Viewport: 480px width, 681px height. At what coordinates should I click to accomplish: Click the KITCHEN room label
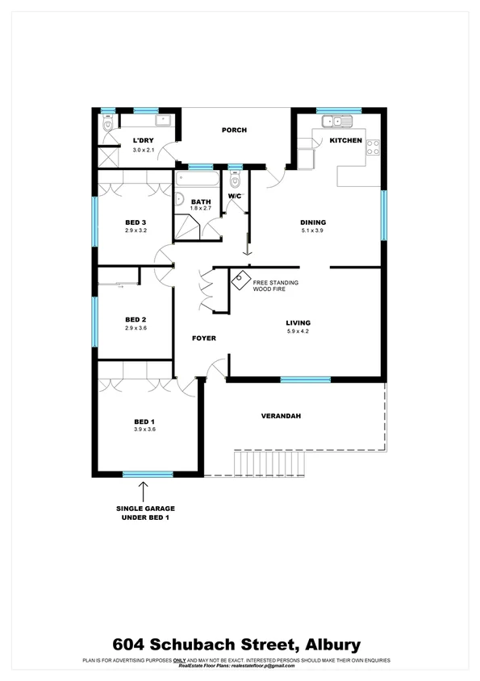click(345, 141)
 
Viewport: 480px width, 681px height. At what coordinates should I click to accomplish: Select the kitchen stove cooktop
click(374, 147)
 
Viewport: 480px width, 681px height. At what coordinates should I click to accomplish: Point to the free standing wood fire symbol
click(240, 281)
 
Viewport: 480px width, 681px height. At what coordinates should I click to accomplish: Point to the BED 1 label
click(144, 421)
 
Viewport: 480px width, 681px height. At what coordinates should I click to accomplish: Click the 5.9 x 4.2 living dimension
click(298, 331)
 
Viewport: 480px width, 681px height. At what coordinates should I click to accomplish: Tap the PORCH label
click(234, 130)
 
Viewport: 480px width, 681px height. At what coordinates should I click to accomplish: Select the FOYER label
click(203, 338)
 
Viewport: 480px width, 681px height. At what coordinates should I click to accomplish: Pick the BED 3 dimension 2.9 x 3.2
click(136, 230)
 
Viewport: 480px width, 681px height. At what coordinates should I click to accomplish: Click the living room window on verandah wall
click(305, 379)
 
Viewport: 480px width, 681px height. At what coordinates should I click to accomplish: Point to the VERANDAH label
click(281, 416)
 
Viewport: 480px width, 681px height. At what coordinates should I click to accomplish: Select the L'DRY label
click(144, 142)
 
